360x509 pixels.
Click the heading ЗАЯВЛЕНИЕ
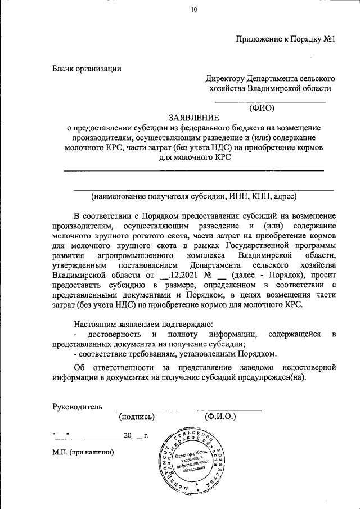click(x=193, y=118)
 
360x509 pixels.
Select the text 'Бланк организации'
click(x=87, y=69)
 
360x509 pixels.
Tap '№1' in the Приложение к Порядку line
click(x=329, y=39)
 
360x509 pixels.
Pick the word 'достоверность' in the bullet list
click(x=107, y=335)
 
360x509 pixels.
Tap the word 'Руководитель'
click(x=78, y=406)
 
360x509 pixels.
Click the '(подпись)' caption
click(x=137, y=417)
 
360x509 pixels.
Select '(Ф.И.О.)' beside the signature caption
click(x=220, y=417)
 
